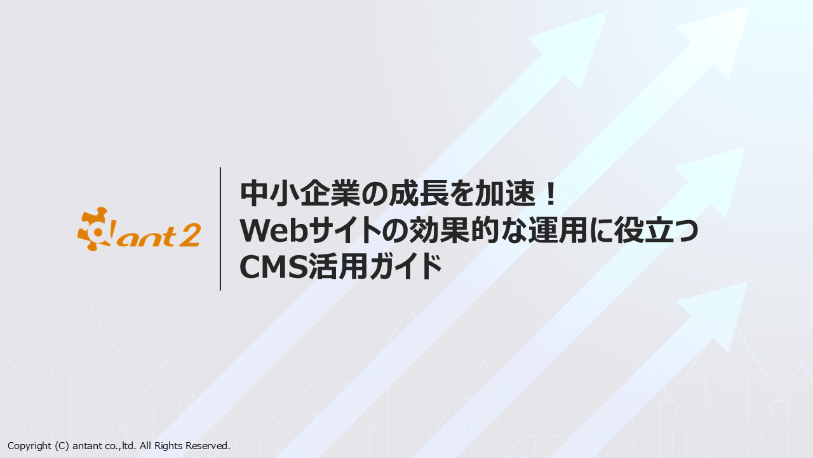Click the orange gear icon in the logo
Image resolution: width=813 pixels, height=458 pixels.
click(93, 229)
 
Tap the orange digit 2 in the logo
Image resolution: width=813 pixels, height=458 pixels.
click(189, 235)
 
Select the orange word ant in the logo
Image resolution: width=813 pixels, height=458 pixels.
click(146, 236)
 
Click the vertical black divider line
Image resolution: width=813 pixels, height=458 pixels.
click(220, 229)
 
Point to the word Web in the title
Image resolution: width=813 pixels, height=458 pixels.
click(274, 230)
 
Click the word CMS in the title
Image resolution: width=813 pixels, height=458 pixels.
click(274, 267)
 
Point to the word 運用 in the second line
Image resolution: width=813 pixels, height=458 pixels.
click(558, 230)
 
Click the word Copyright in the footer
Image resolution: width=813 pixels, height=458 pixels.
click(29, 446)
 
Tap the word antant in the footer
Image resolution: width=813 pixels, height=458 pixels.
click(88, 446)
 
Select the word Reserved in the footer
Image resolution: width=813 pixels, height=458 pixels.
click(208, 446)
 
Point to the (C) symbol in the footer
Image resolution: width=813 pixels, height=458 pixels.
click(62, 446)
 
